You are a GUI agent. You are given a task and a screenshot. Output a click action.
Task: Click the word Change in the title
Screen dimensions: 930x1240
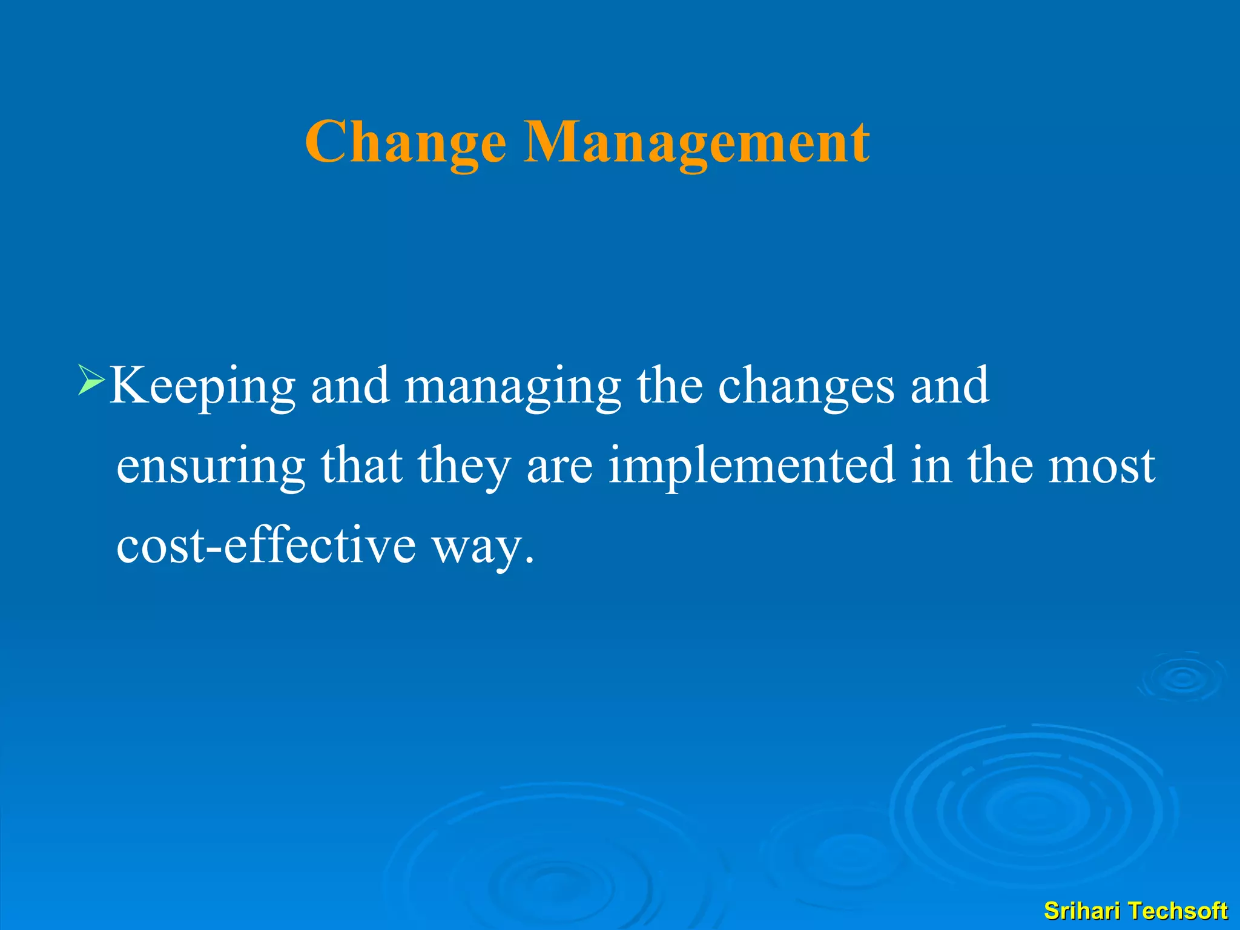(406, 142)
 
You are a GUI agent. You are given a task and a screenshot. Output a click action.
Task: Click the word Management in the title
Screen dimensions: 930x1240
(696, 142)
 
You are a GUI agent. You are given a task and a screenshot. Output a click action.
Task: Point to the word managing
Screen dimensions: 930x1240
(512, 387)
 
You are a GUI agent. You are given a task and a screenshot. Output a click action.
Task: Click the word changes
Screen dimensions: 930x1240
(806, 387)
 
